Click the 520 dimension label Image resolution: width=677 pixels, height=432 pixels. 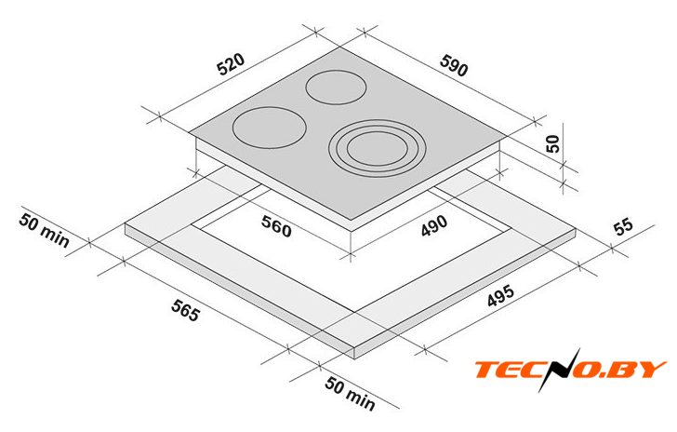231,64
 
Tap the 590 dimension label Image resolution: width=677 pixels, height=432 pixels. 454,66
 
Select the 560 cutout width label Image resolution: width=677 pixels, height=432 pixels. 276,226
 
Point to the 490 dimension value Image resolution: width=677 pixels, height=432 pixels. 434,225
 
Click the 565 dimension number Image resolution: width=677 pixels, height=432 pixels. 186,310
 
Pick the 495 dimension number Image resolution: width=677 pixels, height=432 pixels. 500,296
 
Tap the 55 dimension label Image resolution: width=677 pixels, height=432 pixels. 624,226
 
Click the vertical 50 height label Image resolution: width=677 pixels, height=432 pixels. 552,143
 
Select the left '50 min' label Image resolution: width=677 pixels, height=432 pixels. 44,231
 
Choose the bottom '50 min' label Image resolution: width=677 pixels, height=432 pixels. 350,393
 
